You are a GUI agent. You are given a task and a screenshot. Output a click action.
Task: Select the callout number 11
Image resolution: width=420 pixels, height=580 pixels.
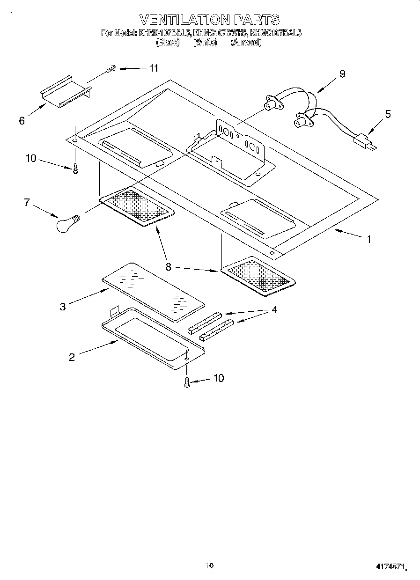[153, 68]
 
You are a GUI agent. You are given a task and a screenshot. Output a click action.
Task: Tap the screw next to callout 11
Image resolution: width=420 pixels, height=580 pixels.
[111, 70]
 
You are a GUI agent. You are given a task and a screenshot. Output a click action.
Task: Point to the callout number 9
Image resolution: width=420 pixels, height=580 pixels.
[342, 73]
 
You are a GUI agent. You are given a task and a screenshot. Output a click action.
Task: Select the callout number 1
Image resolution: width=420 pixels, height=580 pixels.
[368, 239]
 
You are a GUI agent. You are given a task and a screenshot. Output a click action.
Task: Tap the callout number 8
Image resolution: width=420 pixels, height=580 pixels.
[168, 267]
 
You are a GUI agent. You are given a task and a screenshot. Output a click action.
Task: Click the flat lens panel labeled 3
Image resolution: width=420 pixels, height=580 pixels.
[153, 291]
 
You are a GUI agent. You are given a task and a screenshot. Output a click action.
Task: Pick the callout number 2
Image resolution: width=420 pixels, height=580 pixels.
[72, 357]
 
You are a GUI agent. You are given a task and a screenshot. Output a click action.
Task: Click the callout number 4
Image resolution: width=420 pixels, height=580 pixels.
[274, 309]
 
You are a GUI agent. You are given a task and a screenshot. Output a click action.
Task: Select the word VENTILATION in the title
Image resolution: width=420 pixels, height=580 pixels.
[185, 20]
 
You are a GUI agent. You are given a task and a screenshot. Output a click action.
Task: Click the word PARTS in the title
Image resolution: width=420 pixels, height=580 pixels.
[258, 20]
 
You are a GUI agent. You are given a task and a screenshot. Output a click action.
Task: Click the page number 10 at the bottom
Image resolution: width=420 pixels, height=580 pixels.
[209, 565]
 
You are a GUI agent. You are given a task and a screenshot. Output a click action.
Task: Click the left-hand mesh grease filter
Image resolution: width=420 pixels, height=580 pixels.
[137, 205]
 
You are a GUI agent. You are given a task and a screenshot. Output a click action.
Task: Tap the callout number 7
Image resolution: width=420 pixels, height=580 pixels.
[27, 202]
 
